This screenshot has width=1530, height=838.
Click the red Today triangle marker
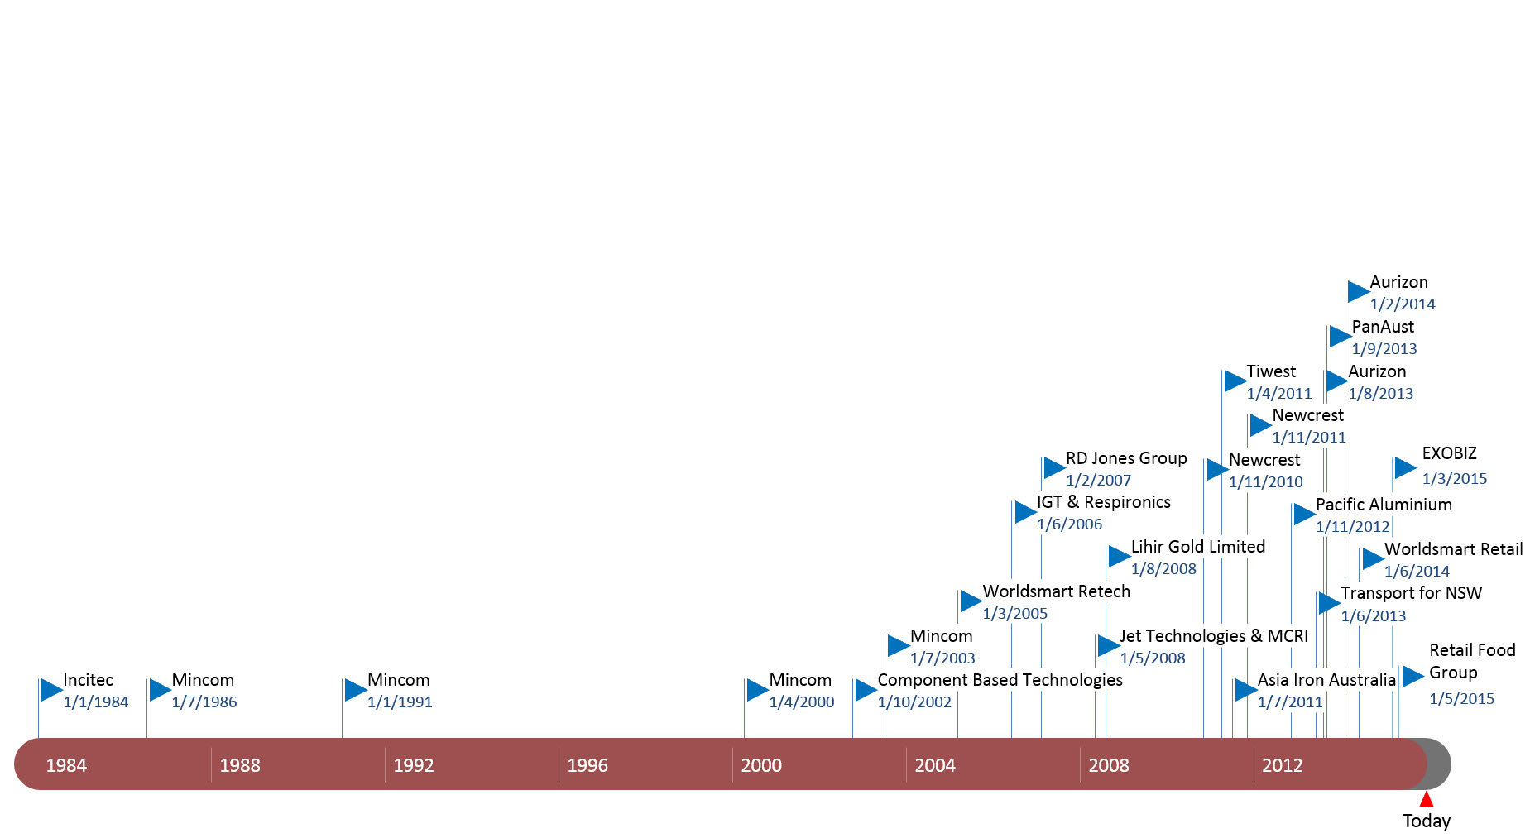(1426, 800)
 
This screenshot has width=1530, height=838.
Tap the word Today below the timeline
(1426, 821)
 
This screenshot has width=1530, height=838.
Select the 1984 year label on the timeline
(66, 765)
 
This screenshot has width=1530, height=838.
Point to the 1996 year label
(588, 765)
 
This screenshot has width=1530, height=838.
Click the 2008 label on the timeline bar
(1109, 765)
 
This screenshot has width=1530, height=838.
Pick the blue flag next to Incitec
(51, 689)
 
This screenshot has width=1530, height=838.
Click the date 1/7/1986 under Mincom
(204, 702)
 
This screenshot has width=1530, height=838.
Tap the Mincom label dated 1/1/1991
(398, 680)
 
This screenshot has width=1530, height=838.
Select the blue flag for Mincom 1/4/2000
(757, 689)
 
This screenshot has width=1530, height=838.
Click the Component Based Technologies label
(1000, 680)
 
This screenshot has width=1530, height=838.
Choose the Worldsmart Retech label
(1056, 591)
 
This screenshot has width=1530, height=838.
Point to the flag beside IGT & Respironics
(1025, 512)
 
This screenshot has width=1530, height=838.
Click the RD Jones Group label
(1126, 458)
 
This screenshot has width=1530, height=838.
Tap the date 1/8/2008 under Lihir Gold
(1163, 569)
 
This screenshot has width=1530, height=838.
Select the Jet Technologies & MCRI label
(1214, 636)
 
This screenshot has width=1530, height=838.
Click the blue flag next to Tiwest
(1235, 381)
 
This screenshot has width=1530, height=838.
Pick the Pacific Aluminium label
(1384, 505)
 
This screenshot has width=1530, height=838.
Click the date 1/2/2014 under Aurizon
(1403, 304)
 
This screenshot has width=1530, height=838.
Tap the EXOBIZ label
(1449, 453)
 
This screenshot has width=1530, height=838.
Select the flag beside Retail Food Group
(1412, 676)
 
